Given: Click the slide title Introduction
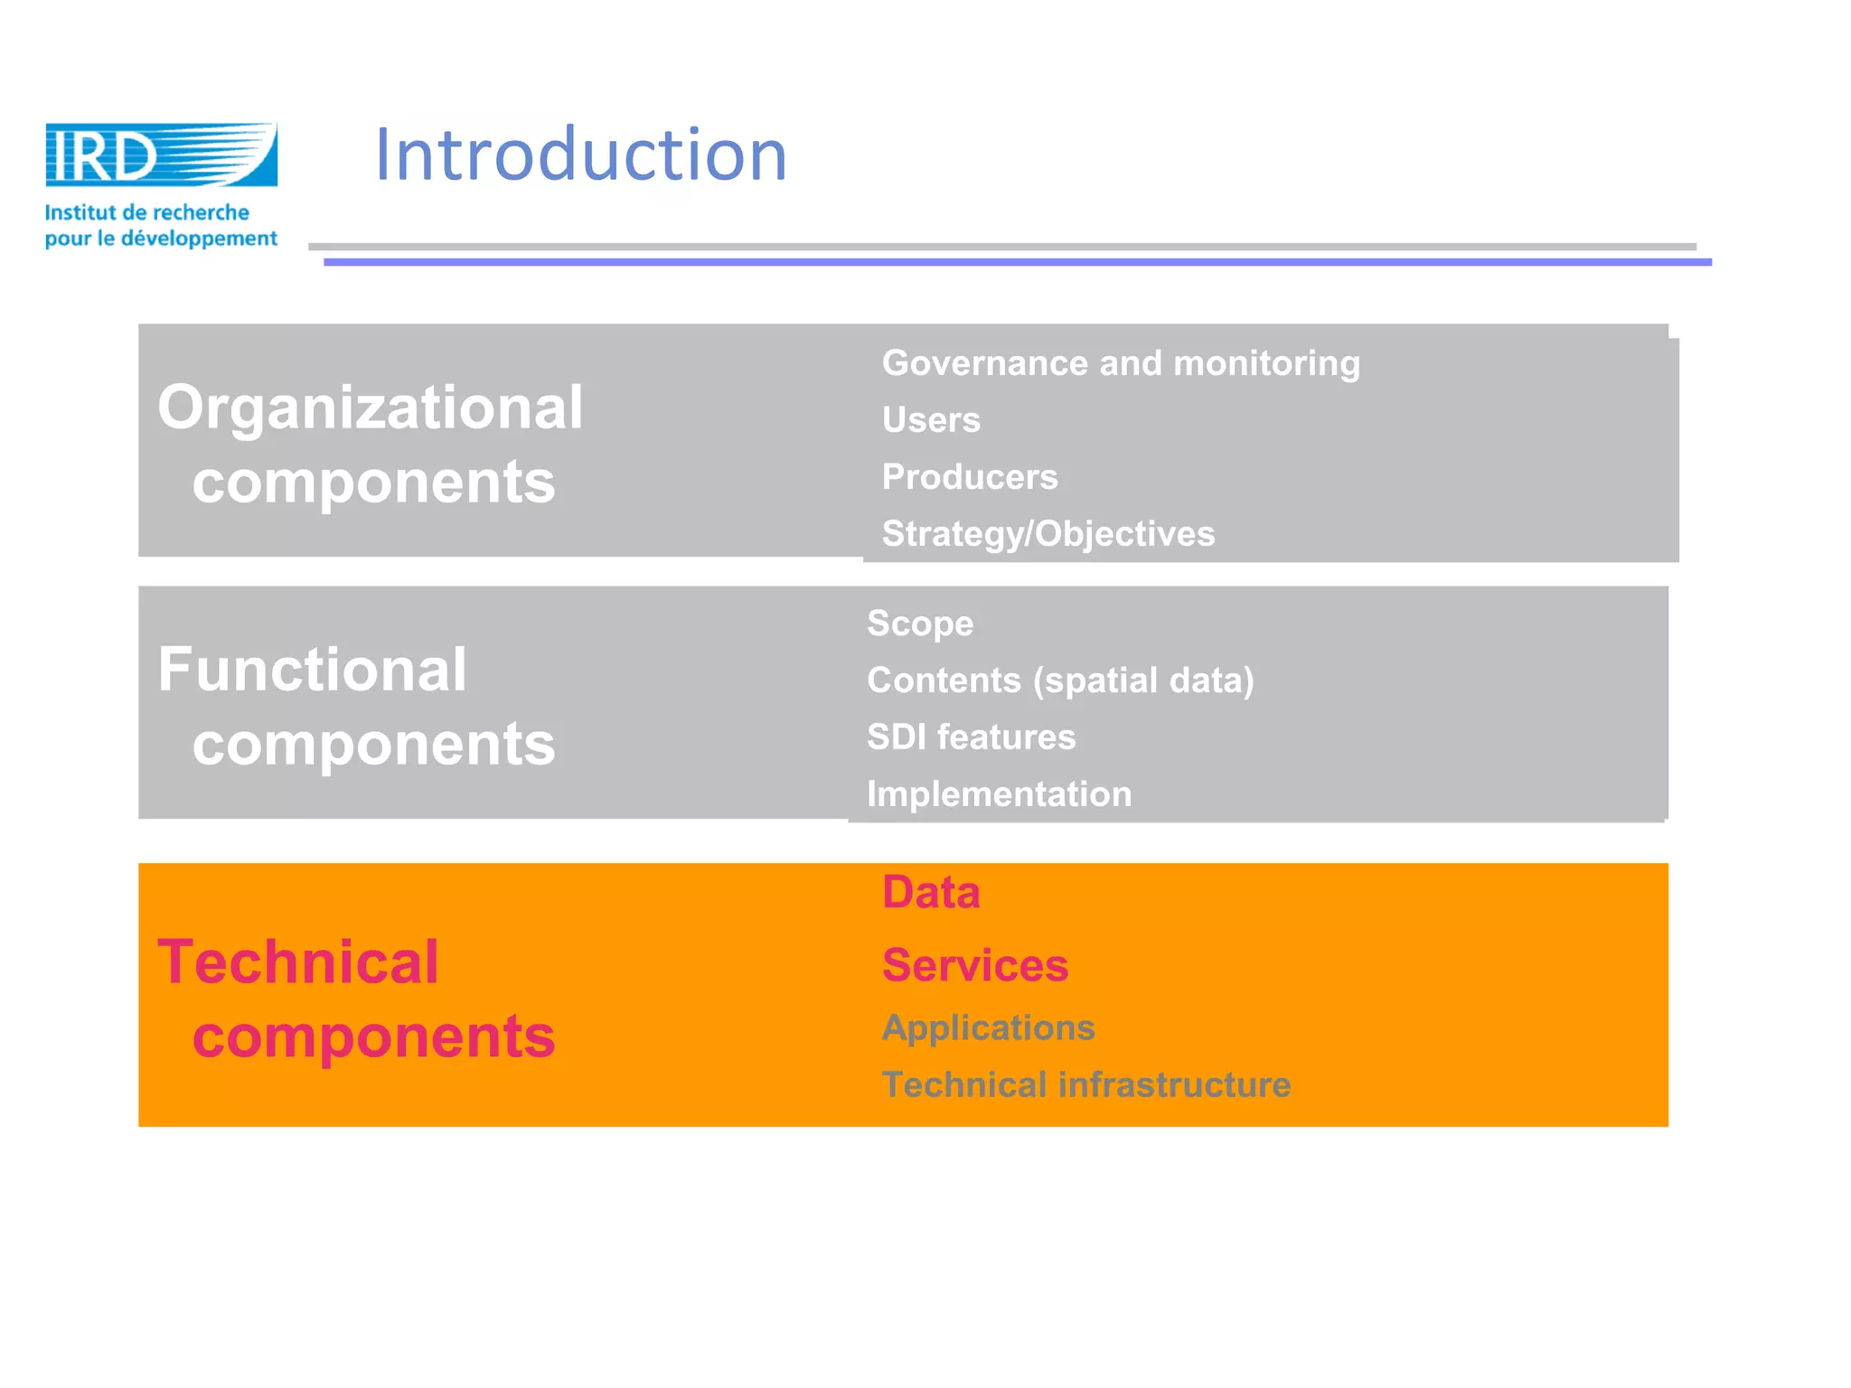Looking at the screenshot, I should [580, 155].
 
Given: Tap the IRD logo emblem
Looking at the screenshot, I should [161, 155].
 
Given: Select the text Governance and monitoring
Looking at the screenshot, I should [1120, 363].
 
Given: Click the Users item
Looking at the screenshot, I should [930, 420].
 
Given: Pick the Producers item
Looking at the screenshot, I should [969, 477].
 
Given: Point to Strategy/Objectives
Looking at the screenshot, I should [1048, 534].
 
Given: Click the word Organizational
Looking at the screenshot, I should [370, 408].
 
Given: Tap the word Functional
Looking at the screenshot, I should [312, 670].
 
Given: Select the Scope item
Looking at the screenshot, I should [919, 624].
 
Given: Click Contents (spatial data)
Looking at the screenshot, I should [1059, 680].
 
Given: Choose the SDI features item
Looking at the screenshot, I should [971, 737].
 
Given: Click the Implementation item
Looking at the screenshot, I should [998, 794].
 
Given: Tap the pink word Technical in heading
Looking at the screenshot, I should [298, 961].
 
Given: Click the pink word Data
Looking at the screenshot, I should [930, 893].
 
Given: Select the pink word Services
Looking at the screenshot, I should [974, 965].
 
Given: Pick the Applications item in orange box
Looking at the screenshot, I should [987, 1028].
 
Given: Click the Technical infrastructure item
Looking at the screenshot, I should [1085, 1085].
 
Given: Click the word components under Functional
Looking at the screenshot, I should [373, 745].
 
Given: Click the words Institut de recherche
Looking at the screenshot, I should [146, 213].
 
